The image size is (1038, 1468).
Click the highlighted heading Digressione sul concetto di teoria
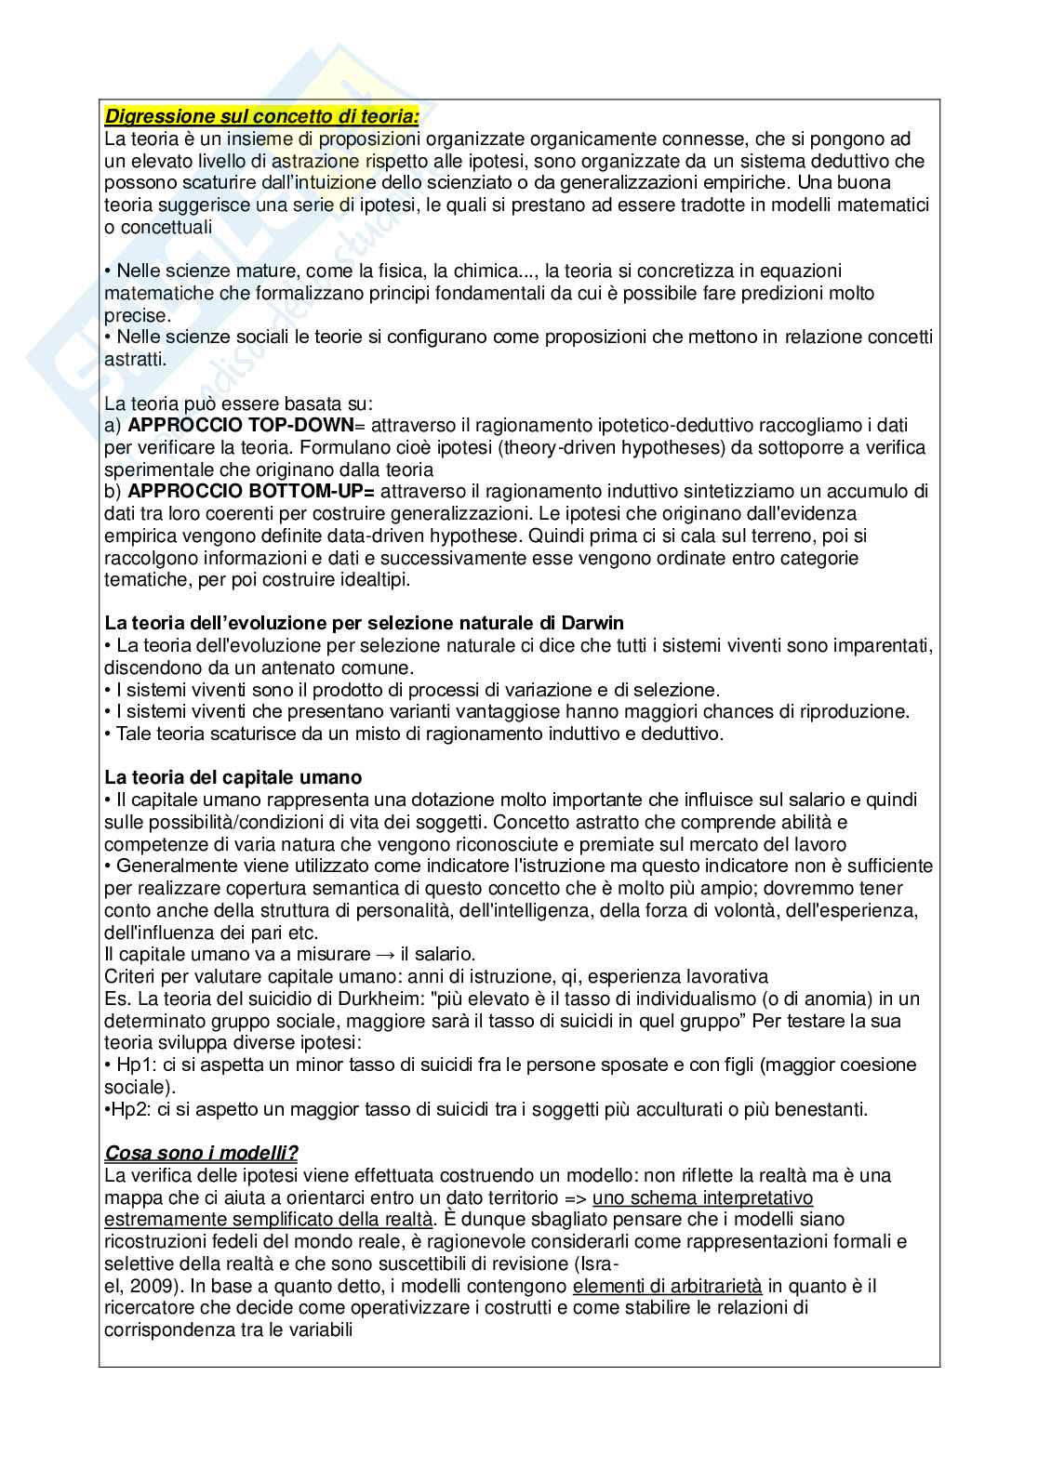click(261, 116)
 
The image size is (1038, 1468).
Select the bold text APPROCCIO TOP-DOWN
click(241, 425)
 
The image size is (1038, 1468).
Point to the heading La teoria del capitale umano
click(233, 777)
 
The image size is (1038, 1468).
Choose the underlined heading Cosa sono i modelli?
click(202, 1153)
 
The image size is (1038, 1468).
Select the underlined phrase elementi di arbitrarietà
click(668, 1286)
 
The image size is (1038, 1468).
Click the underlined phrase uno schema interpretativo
click(702, 1197)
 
